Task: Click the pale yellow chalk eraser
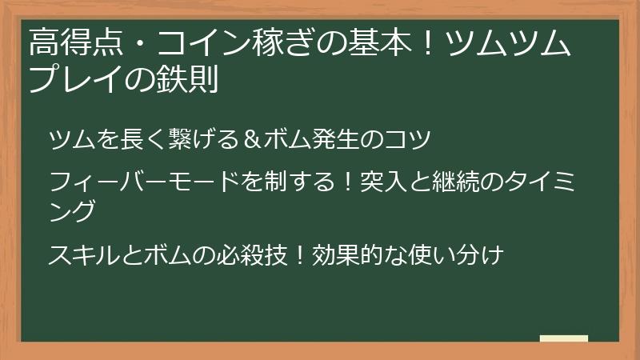(563, 338)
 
